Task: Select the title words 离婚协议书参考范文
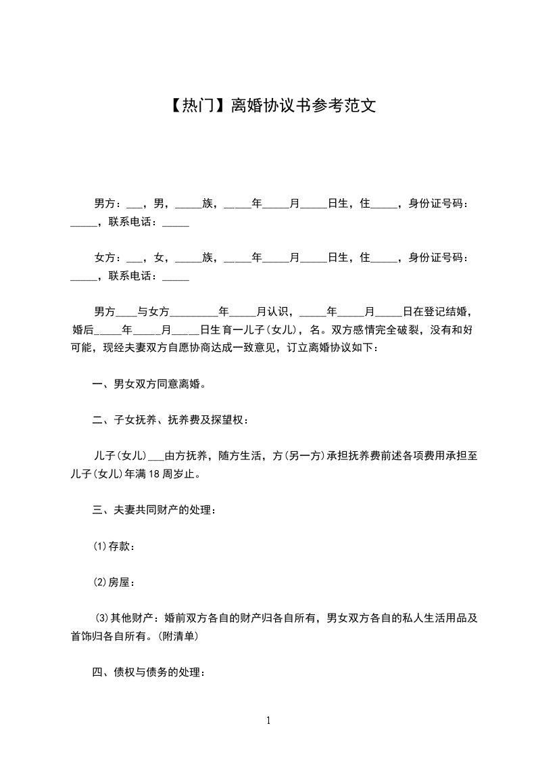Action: tap(303, 106)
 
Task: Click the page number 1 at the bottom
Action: tap(268, 720)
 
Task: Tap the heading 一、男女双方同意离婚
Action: tap(149, 384)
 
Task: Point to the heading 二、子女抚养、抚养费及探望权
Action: tap(170, 420)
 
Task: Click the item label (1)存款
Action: tap(114, 546)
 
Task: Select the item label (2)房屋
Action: tap(114, 581)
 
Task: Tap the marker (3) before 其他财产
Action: tap(103, 618)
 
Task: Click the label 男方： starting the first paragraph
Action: tap(108, 204)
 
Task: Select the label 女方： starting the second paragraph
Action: tap(108, 258)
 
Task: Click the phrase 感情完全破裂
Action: tap(385, 330)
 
